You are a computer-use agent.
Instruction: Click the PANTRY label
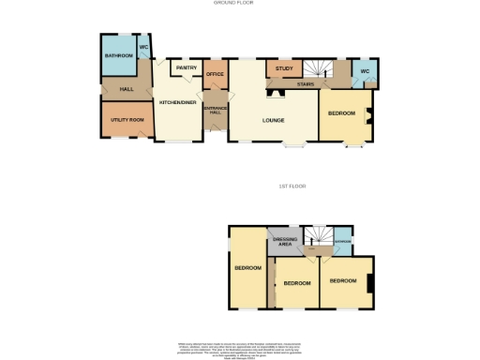[x=186, y=67]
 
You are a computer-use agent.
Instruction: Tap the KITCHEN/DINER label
[x=177, y=101]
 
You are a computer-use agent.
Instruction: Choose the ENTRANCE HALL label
[x=216, y=110]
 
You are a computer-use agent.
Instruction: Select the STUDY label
[x=285, y=68]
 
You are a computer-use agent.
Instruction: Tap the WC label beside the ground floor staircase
[x=366, y=72]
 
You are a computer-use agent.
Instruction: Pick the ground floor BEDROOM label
[x=341, y=113]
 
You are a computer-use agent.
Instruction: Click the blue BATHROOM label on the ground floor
[x=118, y=57]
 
